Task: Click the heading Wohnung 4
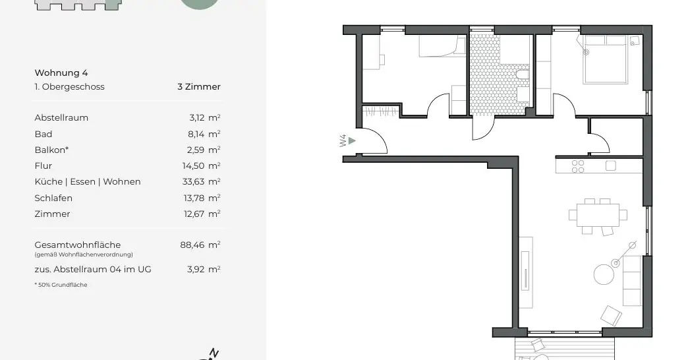pos(61,73)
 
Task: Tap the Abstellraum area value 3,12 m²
pos(204,118)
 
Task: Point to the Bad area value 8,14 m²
pos(204,134)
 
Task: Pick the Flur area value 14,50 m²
pos(203,166)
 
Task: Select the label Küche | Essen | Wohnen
pos(88,182)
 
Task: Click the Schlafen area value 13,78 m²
pos(203,198)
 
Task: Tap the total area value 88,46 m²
pos(200,245)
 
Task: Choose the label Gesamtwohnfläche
pos(78,245)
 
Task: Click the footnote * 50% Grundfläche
pos(61,285)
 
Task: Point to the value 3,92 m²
pos(204,269)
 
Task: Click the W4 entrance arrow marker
pos(353,140)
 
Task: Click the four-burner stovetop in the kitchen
pos(578,166)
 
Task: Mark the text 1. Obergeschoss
pos(69,86)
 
